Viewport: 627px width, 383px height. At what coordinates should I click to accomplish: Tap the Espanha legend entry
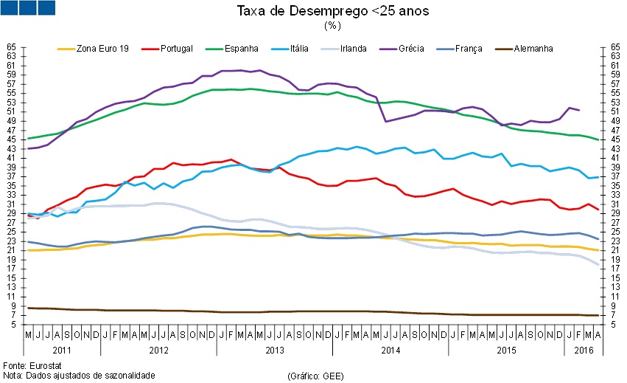pos(240,49)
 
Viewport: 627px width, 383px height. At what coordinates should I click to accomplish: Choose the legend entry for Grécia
pos(409,49)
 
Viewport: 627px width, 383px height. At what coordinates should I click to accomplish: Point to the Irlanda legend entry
pos(354,49)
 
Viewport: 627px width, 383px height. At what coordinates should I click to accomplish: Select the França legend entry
pos(466,49)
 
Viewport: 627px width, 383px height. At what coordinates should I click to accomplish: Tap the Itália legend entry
pos(301,49)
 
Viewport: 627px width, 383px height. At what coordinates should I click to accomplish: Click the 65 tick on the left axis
pos(12,46)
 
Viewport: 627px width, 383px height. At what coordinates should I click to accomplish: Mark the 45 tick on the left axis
pos(12,139)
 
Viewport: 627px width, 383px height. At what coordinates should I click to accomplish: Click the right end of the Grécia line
pos(579,110)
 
